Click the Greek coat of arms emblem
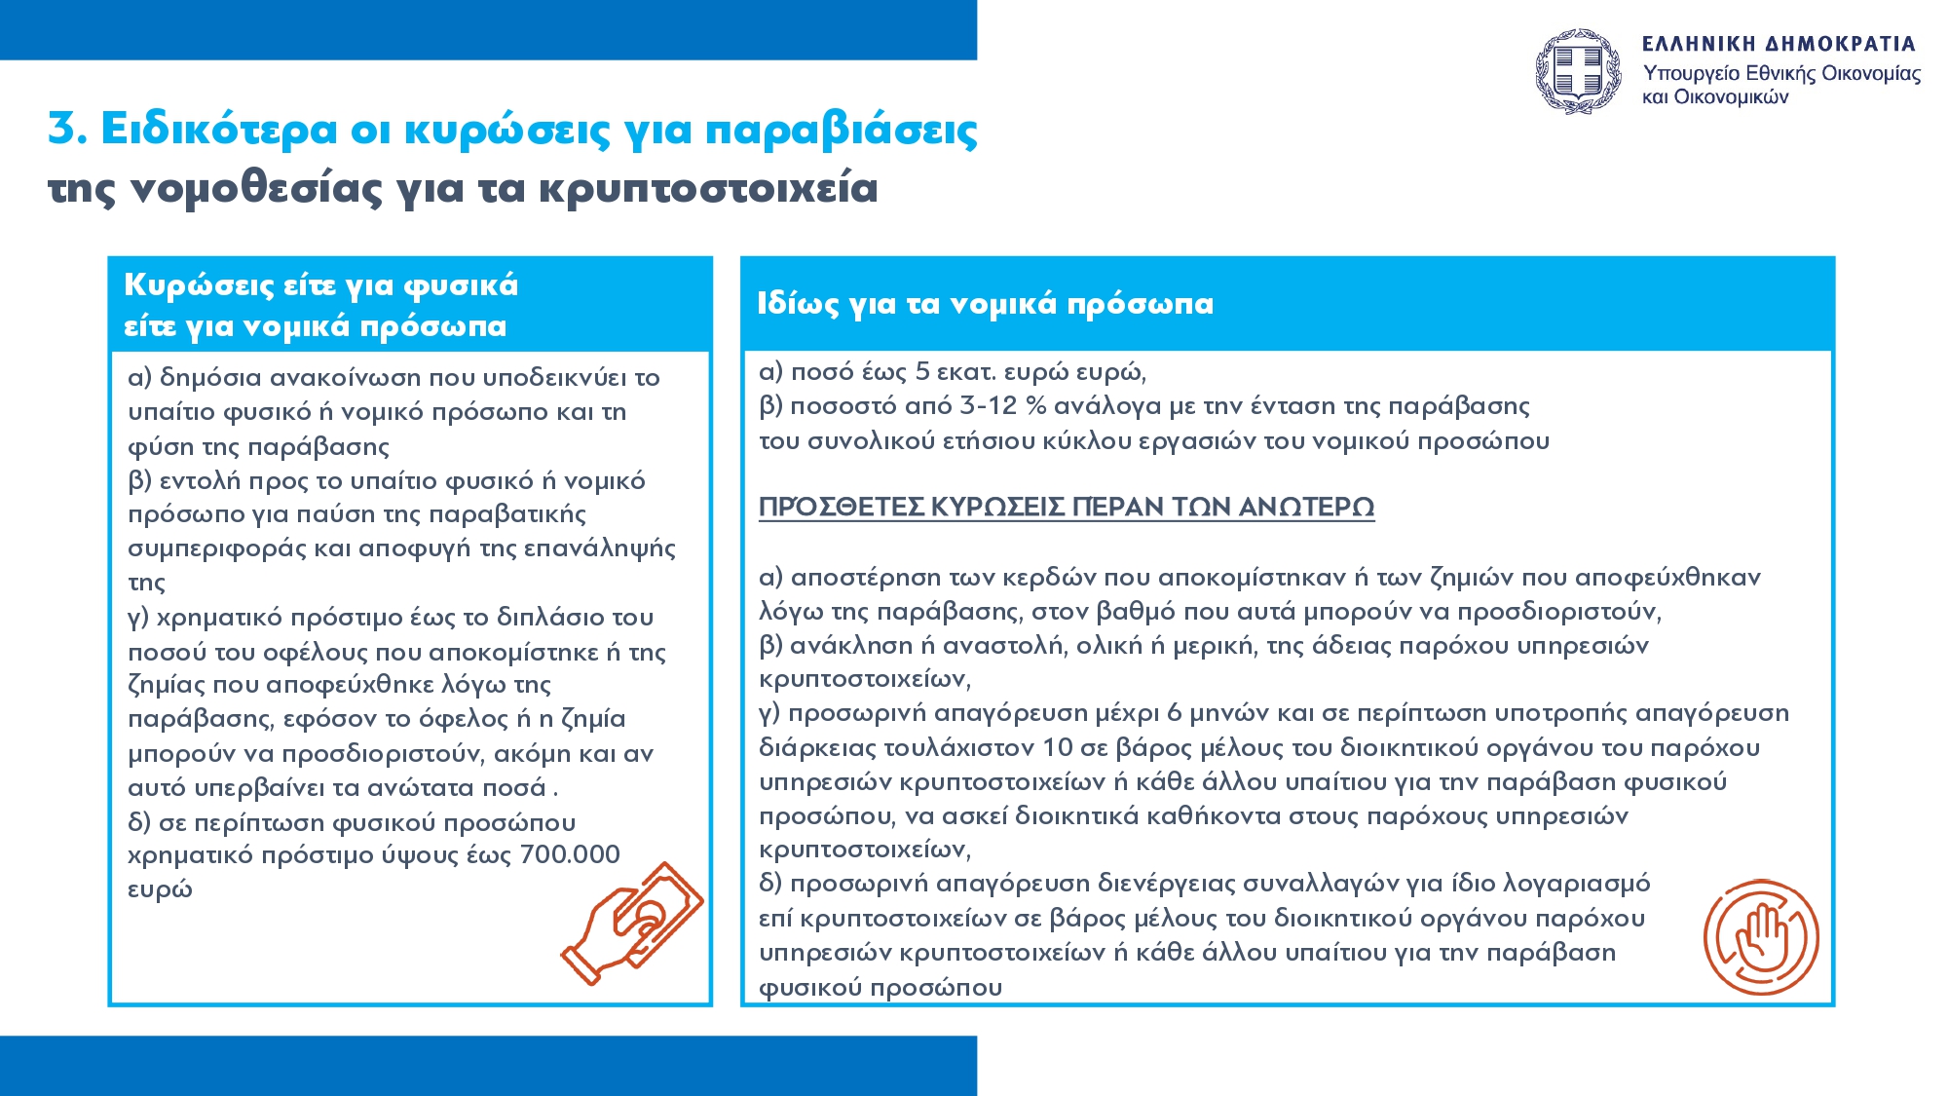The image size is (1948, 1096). pos(1578,71)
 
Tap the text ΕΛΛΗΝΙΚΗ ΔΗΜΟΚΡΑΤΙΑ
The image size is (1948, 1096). pos(1779,44)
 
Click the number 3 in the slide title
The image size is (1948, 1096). pos(62,129)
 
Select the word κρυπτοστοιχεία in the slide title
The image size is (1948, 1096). pos(708,188)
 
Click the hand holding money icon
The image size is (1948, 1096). pos(634,922)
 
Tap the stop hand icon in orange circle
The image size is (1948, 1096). pos(1761,937)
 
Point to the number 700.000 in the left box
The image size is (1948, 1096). pos(570,854)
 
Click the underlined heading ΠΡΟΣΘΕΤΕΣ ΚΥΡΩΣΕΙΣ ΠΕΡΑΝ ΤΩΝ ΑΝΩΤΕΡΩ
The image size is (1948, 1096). pos(1067,507)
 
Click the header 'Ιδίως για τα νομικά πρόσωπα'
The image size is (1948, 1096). pos(985,304)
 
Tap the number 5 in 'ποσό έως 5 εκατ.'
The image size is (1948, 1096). pos(923,371)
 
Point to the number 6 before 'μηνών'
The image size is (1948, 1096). pos(1175,713)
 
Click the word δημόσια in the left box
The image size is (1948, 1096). pos(210,377)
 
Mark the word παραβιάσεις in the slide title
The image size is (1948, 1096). pos(841,130)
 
